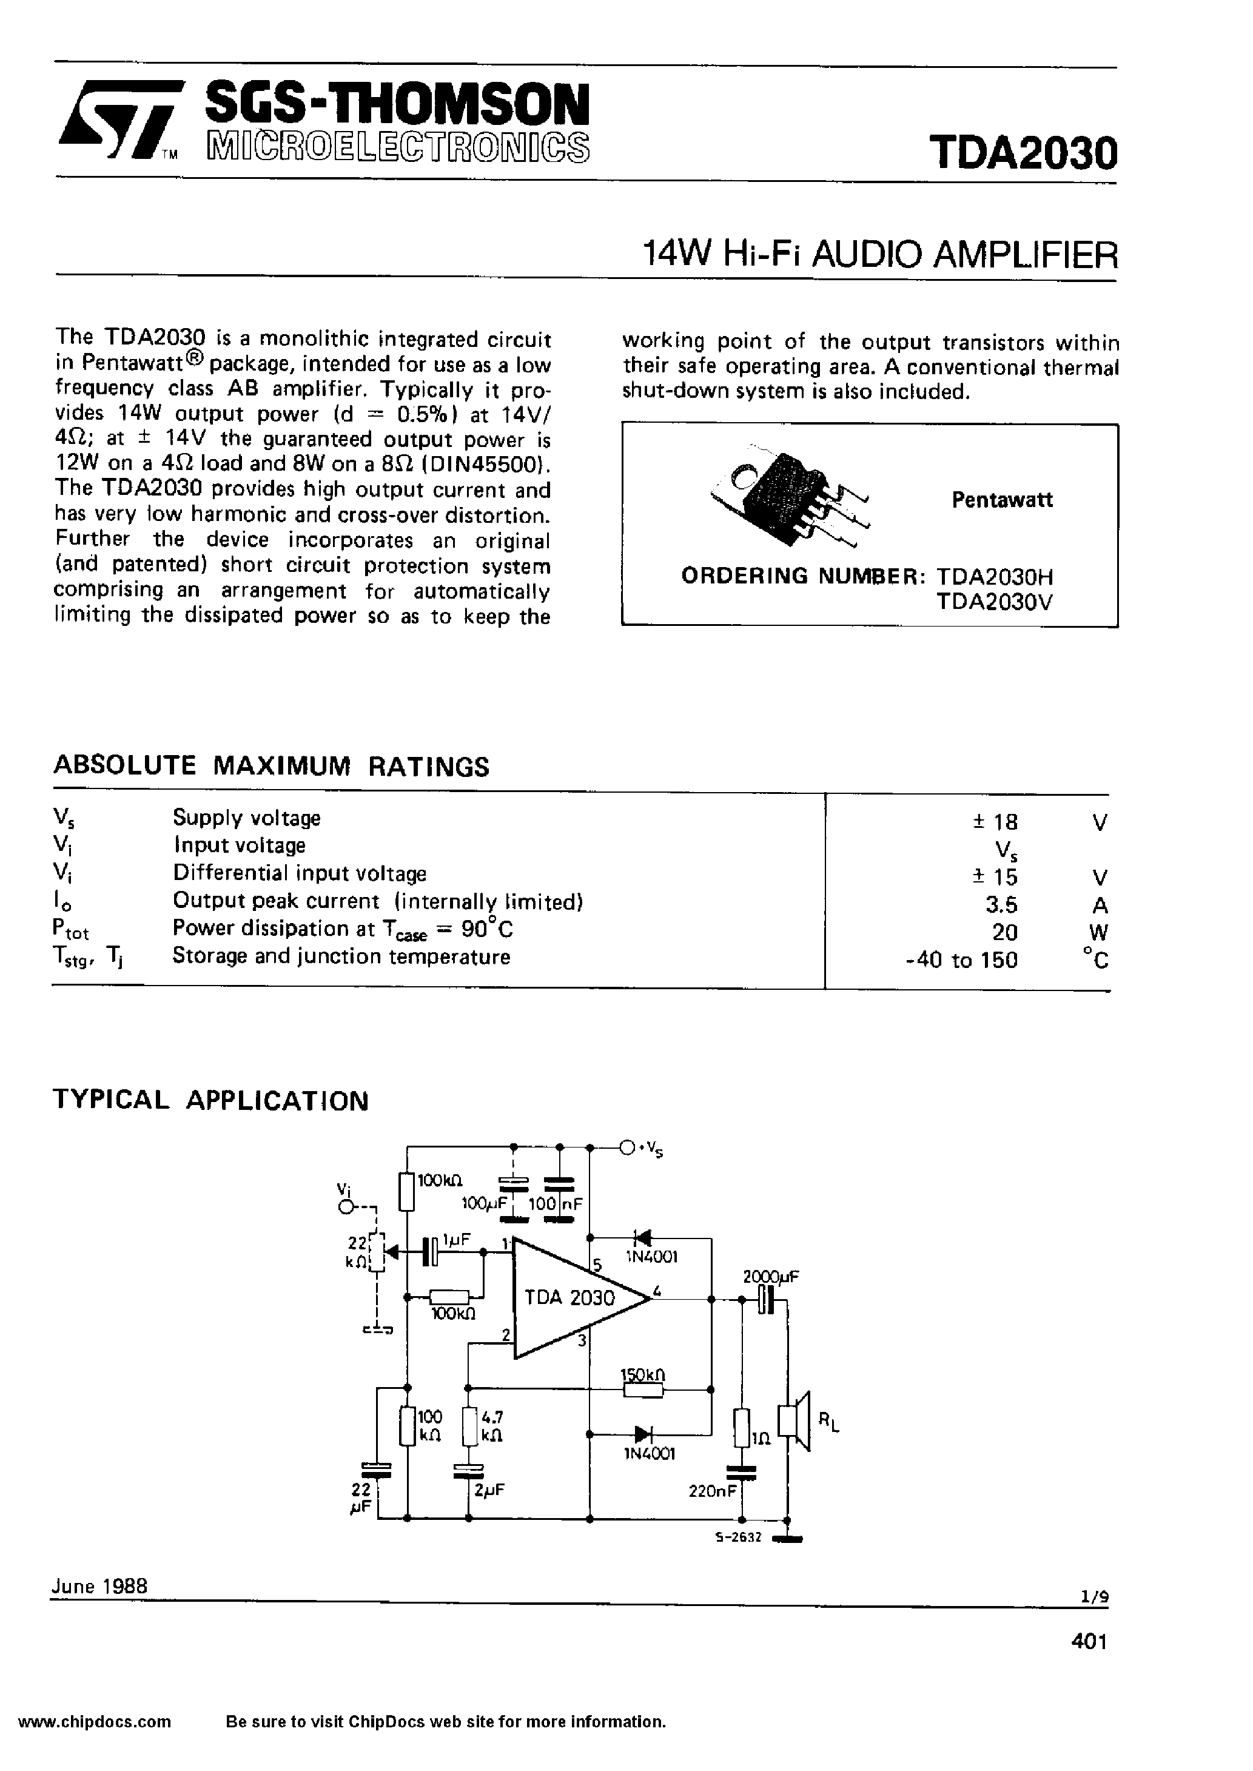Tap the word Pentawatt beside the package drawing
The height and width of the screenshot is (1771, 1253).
pyautogui.click(x=1001, y=500)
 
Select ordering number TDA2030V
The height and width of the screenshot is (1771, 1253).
pyautogui.click(x=994, y=602)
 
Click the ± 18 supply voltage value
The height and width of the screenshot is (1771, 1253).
pyautogui.click(x=995, y=821)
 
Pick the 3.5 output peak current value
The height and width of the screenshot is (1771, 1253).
pyautogui.click(x=1001, y=904)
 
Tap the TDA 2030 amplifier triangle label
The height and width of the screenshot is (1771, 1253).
pyautogui.click(x=569, y=1297)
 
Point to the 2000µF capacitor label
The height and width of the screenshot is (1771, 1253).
pyautogui.click(x=771, y=1277)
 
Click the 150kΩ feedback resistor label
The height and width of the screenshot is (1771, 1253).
pyautogui.click(x=643, y=1374)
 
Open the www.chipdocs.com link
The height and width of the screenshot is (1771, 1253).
pyautogui.click(x=94, y=1743)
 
